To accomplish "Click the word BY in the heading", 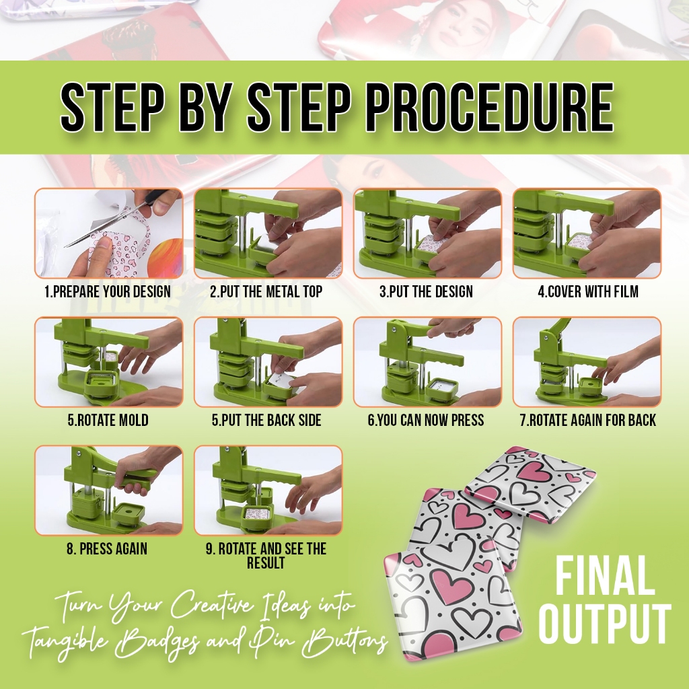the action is pos(206,107).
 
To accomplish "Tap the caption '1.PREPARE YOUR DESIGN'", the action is pos(108,291).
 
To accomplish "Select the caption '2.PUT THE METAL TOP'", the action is pos(266,291).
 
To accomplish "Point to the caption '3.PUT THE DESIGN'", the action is pos(426,291).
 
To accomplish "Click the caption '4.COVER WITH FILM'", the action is pos(588,291).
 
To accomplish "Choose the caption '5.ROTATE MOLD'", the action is pos(108,420).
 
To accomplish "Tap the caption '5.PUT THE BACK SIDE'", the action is pos(266,420).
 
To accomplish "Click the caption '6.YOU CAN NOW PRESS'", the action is pos(426,420).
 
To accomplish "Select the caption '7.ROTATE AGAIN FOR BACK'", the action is pos(588,420).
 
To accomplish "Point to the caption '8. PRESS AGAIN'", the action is pos(107,549).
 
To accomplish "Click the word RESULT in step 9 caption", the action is pos(266,563).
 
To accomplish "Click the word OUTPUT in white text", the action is pos(605,623).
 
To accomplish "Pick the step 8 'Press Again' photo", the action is pos(108,491).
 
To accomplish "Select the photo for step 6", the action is pos(427,362).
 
